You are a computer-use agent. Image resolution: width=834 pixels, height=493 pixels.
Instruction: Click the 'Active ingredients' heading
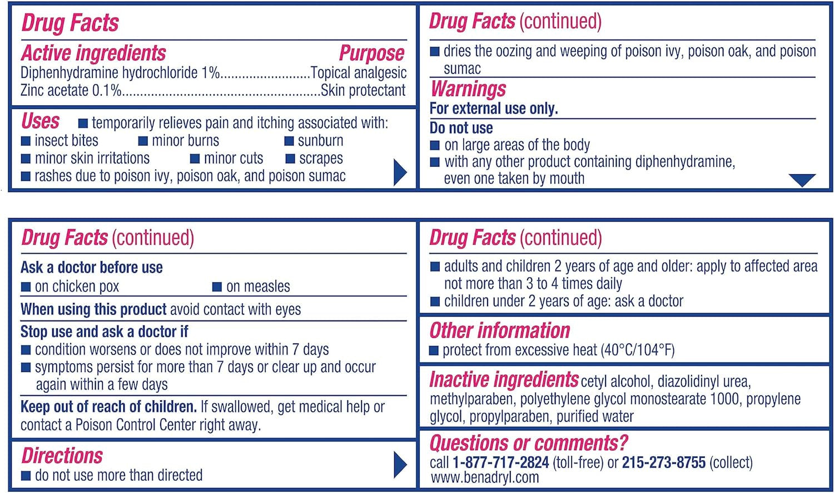(x=93, y=53)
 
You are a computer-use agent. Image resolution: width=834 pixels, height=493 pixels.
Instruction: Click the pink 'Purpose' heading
(x=371, y=53)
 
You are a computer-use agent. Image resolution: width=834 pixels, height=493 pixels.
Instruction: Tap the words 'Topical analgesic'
(x=359, y=73)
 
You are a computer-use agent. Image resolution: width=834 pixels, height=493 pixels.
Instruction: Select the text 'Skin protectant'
(x=363, y=91)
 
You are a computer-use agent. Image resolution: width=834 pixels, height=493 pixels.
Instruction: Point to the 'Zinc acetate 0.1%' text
(x=71, y=91)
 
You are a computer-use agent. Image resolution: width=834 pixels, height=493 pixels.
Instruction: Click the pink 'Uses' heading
(x=41, y=121)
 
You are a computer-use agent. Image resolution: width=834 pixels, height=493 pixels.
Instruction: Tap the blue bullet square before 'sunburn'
(x=289, y=141)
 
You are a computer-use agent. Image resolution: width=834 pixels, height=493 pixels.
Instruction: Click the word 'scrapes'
(x=321, y=159)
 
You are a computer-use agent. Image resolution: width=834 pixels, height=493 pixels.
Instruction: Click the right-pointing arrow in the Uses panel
(x=400, y=172)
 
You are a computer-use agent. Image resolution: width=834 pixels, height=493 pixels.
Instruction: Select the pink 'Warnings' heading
(x=468, y=89)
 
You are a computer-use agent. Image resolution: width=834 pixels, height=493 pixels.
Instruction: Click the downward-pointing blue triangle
(x=802, y=180)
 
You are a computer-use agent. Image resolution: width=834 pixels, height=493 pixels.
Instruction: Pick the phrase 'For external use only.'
(x=494, y=109)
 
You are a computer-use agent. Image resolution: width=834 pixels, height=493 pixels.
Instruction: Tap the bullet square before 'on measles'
(x=217, y=287)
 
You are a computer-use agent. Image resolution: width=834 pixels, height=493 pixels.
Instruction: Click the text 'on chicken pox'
(x=77, y=287)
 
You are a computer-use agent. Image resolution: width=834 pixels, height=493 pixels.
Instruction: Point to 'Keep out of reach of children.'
(x=108, y=407)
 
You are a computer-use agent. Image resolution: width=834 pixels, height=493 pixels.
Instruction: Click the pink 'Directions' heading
(x=62, y=456)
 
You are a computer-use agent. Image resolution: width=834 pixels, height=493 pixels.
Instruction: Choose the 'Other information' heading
(x=500, y=331)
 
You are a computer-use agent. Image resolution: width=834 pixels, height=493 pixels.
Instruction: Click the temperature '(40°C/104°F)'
(x=637, y=350)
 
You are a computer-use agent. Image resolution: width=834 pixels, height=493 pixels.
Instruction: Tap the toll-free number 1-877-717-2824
(x=500, y=462)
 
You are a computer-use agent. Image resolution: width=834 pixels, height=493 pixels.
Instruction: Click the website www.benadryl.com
(x=485, y=477)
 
